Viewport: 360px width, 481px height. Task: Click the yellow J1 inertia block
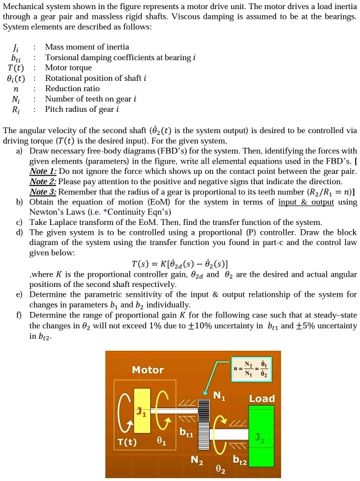coord(141,411)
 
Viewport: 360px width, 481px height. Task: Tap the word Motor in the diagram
coord(147,370)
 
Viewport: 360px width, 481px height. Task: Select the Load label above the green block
coord(262,398)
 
